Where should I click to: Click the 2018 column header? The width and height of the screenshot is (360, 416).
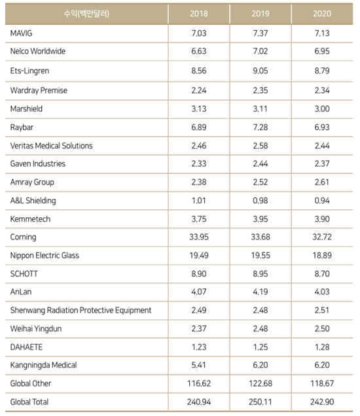point(198,14)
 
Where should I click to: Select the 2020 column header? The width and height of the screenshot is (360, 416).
point(322,14)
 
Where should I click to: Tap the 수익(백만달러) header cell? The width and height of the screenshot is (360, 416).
point(86,14)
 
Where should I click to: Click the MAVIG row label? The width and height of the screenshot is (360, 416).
point(21,33)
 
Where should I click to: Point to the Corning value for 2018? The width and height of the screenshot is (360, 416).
point(198,237)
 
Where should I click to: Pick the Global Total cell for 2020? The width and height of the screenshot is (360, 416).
point(322,402)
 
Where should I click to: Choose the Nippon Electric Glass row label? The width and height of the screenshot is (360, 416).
point(45,255)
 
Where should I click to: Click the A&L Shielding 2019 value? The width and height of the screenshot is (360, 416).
point(260,201)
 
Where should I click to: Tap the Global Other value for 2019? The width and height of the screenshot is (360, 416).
point(260,383)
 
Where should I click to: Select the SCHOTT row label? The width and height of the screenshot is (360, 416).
point(24,273)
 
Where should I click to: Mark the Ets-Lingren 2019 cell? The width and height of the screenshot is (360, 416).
point(260,71)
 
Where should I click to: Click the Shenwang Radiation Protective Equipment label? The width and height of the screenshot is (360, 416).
point(81,310)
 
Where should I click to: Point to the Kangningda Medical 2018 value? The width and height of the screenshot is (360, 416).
point(198,365)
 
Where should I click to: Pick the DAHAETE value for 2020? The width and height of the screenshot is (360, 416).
point(322,347)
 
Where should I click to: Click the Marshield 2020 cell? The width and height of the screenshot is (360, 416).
point(322,109)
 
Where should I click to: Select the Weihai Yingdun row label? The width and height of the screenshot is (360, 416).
point(36,329)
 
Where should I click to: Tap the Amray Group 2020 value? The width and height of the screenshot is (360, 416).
point(322,182)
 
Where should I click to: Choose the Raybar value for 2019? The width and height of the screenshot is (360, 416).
point(260,127)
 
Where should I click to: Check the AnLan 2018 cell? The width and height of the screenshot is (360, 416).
point(198,292)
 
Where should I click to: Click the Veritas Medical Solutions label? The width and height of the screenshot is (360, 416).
point(51,146)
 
